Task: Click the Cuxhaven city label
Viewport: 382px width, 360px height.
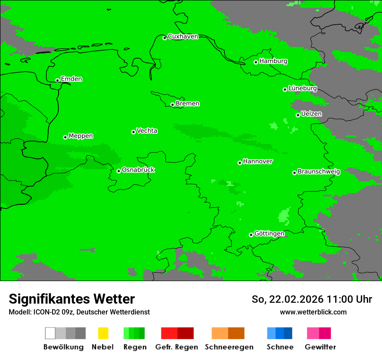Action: coord(183,36)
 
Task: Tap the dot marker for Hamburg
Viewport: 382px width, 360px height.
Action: coord(256,62)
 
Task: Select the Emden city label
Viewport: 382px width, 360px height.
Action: coord(71,79)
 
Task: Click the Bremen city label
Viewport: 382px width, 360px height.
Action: coord(188,104)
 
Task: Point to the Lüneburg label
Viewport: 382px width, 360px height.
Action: coord(303,88)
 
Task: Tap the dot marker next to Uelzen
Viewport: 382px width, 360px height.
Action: coord(298,115)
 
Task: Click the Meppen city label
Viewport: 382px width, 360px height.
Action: coord(81,136)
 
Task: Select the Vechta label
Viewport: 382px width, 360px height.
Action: coord(147,131)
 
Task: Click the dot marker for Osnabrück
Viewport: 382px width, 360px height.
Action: coord(119,171)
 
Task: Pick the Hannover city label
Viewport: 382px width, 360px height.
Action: coord(258,161)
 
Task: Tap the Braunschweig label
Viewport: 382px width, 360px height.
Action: coord(319,171)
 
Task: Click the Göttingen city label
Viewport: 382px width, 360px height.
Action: coord(269,233)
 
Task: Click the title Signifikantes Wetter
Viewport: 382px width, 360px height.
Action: coord(72,299)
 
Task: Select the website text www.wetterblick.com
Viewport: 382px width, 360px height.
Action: coord(313,312)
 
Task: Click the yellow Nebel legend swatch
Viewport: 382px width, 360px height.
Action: coord(103,333)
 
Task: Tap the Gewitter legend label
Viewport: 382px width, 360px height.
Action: coord(320,347)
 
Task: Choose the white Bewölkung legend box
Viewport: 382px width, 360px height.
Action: coord(50,333)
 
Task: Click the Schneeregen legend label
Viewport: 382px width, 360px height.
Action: coord(229,347)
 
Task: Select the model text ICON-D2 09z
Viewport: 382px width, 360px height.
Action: coord(53,312)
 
